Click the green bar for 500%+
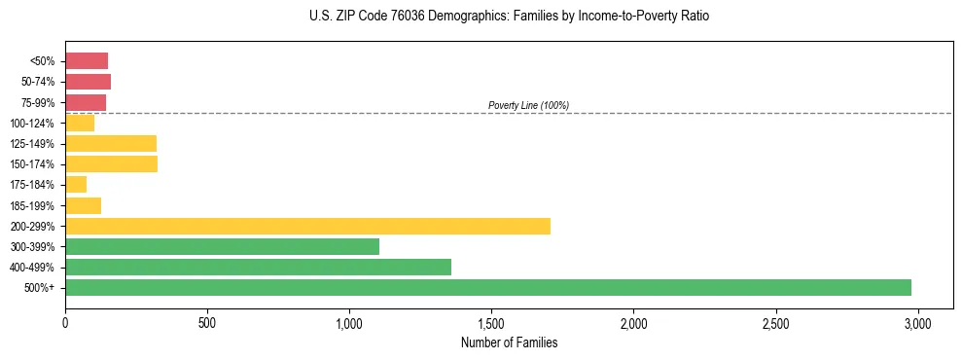coord(488,287)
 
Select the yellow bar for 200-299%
coord(307,226)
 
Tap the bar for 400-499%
coord(258,267)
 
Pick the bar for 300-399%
coord(222,246)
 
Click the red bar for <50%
coord(87,60)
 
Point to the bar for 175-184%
coord(76,184)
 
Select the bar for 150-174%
coord(111,163)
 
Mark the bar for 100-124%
coord(80,123)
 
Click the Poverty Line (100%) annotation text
coord(528,105)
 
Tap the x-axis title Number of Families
coord(509,342)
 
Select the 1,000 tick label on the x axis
coord(349,321)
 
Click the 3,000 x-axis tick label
coord(917,321)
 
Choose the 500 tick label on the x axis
coord(207,321)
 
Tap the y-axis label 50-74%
coord(37,82)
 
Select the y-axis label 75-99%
coord(37,102)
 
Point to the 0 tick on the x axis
coord(65,321)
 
